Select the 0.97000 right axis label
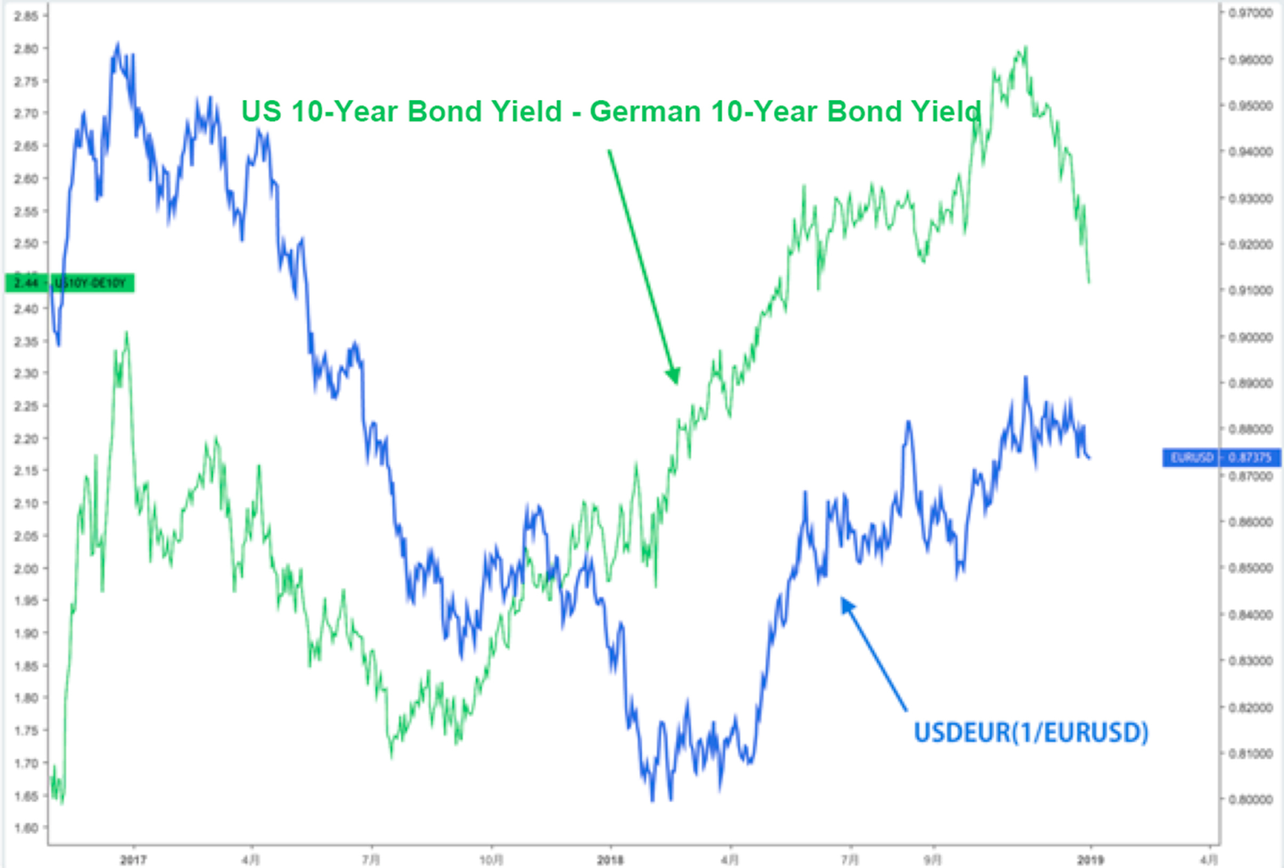pos(1250,14)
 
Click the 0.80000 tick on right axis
pos(1250,799)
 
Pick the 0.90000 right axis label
pos(1250,337)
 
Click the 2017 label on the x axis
pos(134,860)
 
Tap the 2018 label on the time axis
pos(610,860)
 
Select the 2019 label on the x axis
pos(1090,860)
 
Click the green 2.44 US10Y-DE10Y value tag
pos(71,284)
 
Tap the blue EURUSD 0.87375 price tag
pos(1221,457)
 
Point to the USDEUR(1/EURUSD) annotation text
pos(1031,732)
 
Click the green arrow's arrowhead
pos(675,378)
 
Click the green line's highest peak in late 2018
pos(1025,48)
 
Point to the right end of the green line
pos(1089,282)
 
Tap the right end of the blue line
pos(1090,457)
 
